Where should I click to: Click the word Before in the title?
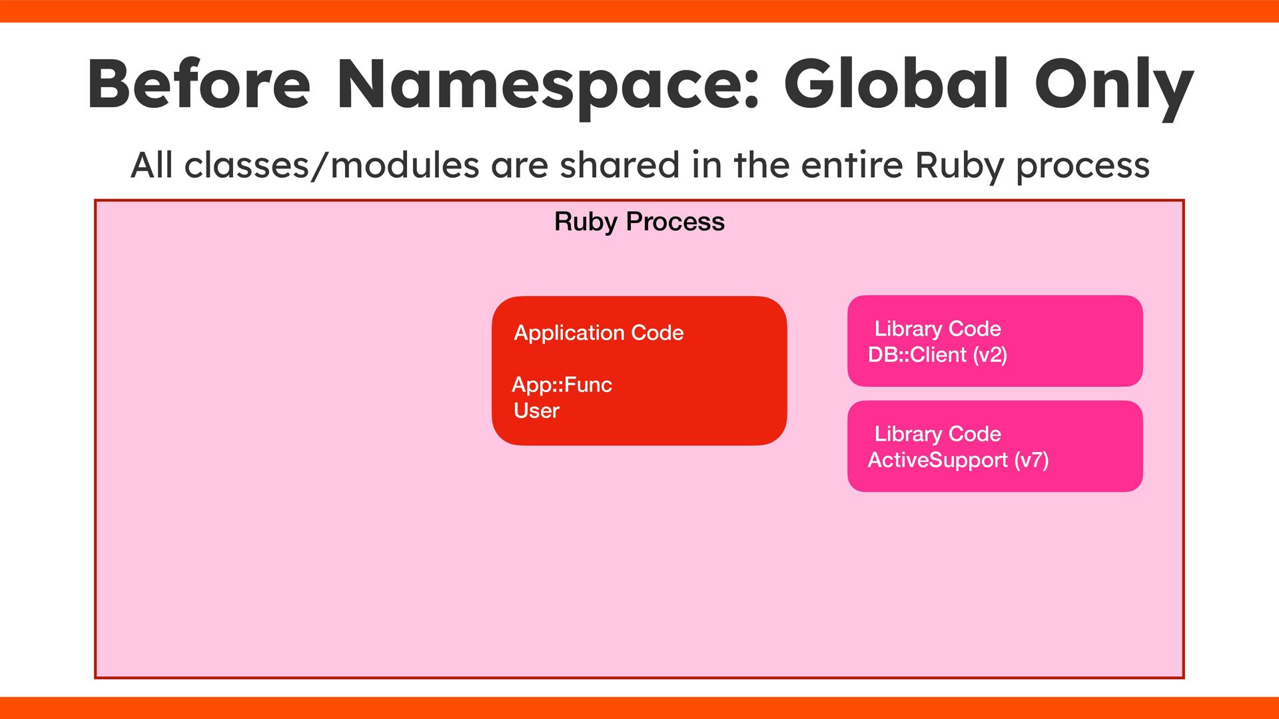(199, 84)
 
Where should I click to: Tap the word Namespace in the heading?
(548, 85)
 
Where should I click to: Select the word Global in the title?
(896, 84)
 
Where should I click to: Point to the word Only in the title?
(1113, 87)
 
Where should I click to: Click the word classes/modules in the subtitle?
(331, 165)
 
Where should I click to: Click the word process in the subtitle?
(1082, 166)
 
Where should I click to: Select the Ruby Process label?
(639, 222)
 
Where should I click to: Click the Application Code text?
(599, 333)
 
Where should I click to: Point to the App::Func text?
(562, 385)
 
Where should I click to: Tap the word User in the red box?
(536, 411)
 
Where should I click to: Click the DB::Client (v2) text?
(937, 355)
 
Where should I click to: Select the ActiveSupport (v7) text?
(958, 460)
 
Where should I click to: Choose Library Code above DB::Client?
(937, 329)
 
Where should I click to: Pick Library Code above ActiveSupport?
(937, 434)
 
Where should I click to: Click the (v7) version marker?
(1031, 460)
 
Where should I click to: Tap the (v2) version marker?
(990, 355)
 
